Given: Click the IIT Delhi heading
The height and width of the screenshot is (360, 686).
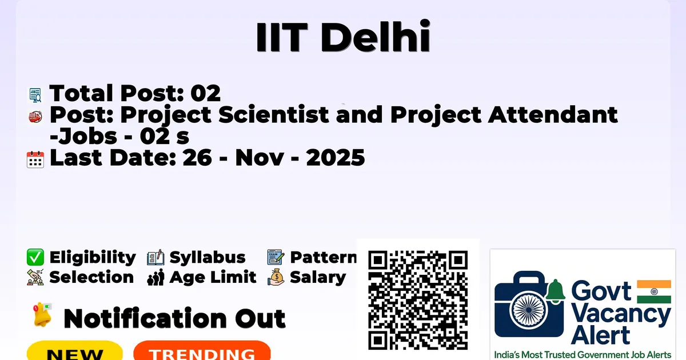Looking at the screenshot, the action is (344, 37).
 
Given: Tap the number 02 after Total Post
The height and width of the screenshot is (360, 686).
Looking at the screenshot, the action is (205, 93).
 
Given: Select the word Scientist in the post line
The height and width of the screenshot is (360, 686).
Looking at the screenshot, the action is (273, 114).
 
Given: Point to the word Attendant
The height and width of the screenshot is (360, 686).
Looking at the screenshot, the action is (553, 114).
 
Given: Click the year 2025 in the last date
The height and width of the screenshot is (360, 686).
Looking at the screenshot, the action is (336, 158).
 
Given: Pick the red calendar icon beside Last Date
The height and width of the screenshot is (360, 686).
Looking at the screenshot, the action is (35, 159).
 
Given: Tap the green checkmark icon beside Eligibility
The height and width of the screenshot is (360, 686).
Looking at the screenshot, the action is (35, 257).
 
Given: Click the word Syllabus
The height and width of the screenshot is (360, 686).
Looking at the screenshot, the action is (208, 258).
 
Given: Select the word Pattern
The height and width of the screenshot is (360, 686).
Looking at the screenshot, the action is (324, 257).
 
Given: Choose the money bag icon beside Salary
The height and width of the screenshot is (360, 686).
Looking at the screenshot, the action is (276, 277).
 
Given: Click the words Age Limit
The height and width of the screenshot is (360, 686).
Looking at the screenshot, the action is (213, 277).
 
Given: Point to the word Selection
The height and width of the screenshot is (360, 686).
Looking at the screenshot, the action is (91, 277).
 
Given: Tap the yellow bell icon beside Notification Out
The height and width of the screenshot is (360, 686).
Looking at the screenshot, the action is (42, 315).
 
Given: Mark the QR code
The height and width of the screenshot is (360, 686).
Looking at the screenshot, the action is (418, 300).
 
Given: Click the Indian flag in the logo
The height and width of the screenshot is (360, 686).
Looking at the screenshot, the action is (654, 292).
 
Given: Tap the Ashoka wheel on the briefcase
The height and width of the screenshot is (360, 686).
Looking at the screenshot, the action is (529, 310).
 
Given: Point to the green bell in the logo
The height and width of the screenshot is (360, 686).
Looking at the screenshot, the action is (555, 291).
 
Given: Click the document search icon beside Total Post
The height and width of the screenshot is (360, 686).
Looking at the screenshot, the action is (35, 95).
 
